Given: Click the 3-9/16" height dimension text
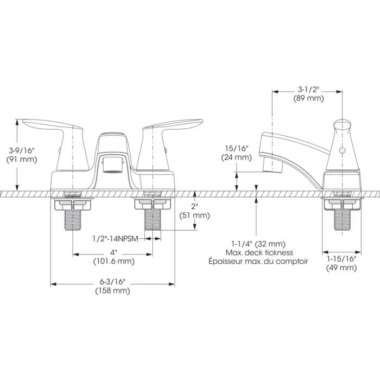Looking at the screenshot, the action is pos(22,150).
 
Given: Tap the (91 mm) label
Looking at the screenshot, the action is pos(22,160).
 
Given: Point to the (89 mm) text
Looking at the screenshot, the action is pos(308,98).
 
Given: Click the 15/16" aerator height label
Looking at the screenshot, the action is pos(237,148).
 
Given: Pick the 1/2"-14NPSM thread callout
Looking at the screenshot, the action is pos(115,239).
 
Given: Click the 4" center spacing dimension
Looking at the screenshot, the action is pos(113,252).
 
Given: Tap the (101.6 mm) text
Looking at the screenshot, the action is pos(114,261).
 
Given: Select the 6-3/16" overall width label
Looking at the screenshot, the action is pos(112,282).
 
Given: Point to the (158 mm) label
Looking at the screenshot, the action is pos(112,290).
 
